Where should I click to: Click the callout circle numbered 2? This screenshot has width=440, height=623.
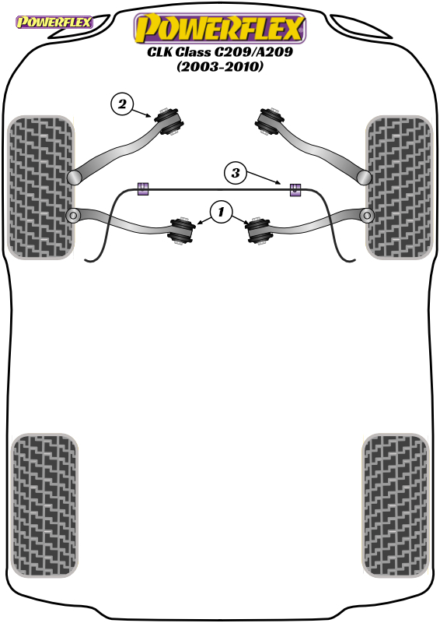click(122, 104)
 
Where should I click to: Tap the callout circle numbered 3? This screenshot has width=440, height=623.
click(236, 173)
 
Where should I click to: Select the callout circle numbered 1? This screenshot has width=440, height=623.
click(221, 212)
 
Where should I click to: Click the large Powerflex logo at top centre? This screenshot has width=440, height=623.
click(220, 28)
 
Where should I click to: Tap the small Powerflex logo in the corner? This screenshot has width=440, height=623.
click(54, 23)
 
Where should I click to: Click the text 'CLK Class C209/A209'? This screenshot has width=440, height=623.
click(220, 52)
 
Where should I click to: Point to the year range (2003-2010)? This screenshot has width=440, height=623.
click(220, 66)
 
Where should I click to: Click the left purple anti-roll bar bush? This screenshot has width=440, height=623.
click(143, 189)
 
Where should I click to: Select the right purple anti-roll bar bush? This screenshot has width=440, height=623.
click(295, 190)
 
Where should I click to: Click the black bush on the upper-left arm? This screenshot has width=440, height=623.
click(169, 121)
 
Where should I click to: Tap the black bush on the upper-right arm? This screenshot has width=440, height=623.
click(270, 121)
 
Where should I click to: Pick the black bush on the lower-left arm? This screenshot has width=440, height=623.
click(181, 231)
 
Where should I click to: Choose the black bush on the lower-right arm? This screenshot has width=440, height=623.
click(258, 231)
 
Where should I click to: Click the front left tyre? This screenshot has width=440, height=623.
click(41, 188)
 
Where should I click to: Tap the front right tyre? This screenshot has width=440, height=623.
click(399, 188)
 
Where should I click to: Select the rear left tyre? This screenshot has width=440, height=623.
click(44, 505)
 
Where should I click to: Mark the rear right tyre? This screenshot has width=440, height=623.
click(396, 505)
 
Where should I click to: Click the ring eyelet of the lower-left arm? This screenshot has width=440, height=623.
click(73, 216)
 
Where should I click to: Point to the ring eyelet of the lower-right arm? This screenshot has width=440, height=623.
click(367, 216)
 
